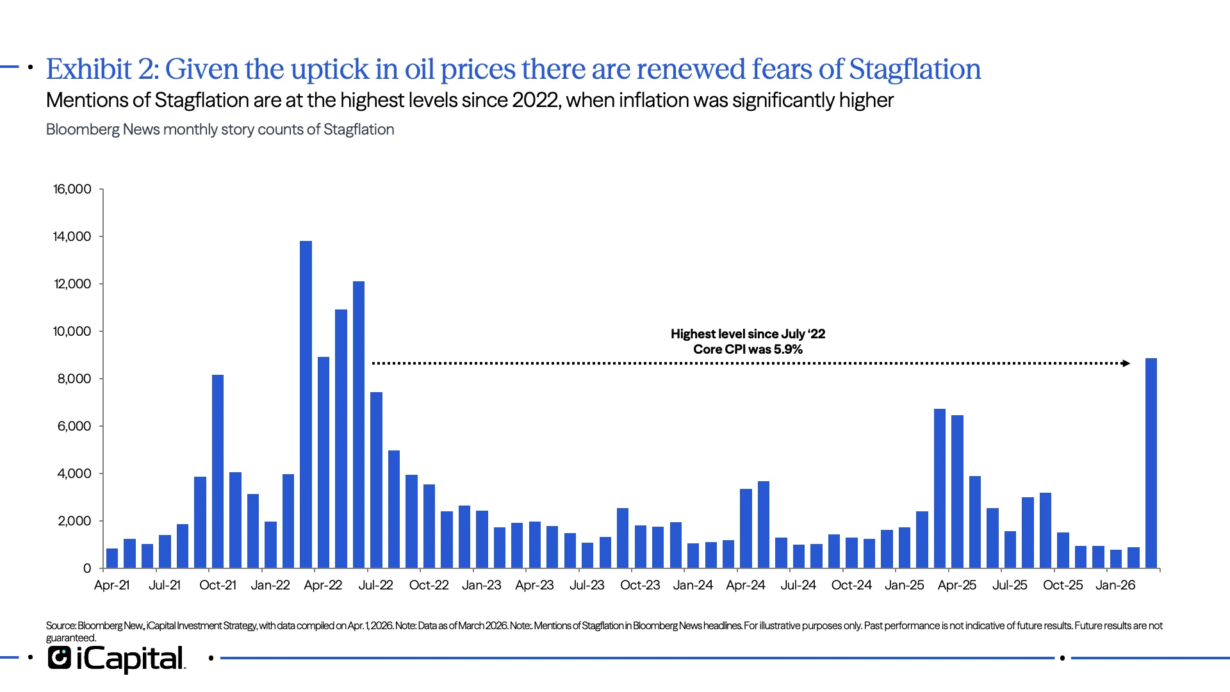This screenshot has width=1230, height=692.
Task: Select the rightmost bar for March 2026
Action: point(1151,463)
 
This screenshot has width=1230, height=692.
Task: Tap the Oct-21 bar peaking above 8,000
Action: point(218,471)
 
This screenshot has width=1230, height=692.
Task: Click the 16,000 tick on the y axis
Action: point(72,189)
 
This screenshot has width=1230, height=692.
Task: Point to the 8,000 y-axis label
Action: point(74,379)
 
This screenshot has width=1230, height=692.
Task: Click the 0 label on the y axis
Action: point(87,568)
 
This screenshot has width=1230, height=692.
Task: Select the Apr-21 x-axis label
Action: point(111,585)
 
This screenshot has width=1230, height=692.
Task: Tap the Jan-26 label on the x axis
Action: point(1115,585)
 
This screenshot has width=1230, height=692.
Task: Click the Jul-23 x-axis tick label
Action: point(587,585)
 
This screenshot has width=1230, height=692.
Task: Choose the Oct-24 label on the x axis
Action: point(851,585)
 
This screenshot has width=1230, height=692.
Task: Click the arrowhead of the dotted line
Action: point(1126,363)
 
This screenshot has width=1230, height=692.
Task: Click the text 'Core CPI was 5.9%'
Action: point(748,349)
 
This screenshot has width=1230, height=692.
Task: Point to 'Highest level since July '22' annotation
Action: point(748,334)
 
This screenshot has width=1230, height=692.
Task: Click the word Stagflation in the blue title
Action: point(915,69)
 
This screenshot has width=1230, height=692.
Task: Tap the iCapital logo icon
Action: point(60,658)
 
